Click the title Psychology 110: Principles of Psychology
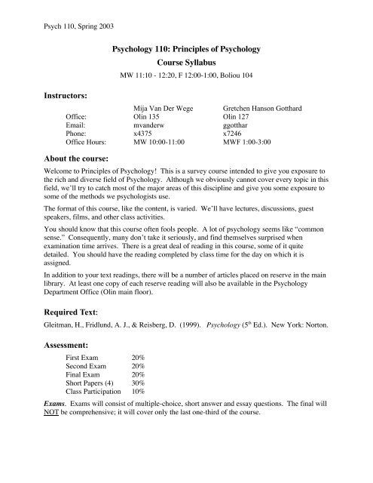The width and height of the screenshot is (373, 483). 185,50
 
